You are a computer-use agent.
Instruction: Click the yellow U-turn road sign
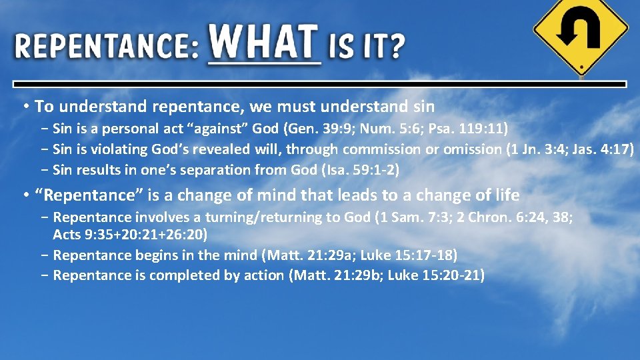[581, 33]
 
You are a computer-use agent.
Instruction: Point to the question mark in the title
[397, 47]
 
